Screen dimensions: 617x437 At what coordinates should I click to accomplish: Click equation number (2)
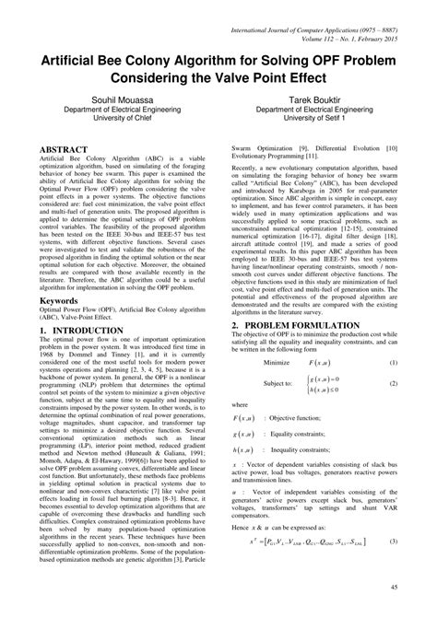click(393, 358)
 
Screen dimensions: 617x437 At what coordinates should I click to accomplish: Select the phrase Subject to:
click(267, 358)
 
